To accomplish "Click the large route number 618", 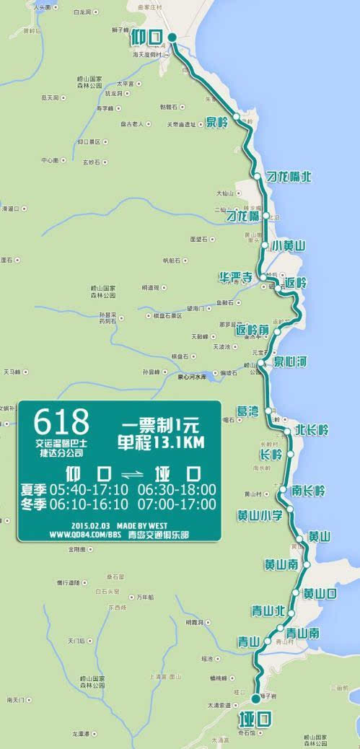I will tap(61, 421).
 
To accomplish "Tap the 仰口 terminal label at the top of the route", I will tap(148, 37).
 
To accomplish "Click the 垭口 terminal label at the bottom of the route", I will tap(254, 718).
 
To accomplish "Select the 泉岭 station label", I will tap(216, 122).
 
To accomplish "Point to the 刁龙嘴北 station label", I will tap(289, 177).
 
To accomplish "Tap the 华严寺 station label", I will tap(236, 277).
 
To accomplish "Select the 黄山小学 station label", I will tap(260, 515).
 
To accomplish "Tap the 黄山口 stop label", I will tap(320, 593).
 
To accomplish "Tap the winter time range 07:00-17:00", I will tap(176, 504).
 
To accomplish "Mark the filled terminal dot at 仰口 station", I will tap(172, 38).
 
